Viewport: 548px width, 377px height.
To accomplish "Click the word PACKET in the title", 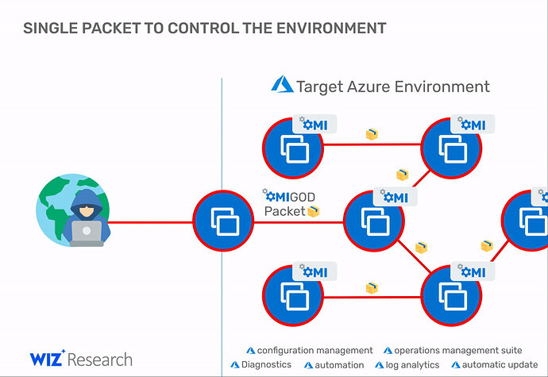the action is (x=111, y=29).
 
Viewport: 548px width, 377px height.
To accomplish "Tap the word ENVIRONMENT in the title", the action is (x=331, y=29).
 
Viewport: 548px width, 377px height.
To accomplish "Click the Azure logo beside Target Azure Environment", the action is (x=282, y=84).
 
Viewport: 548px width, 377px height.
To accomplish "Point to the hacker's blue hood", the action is (x=87, y=202).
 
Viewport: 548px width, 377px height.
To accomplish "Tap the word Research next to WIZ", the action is (x=100, y=360).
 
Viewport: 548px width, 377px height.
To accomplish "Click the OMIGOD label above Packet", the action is (x=288, y=196).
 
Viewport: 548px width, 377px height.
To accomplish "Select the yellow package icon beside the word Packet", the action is (x=313, y=211).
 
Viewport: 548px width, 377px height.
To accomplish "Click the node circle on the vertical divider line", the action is (x=223, y=221).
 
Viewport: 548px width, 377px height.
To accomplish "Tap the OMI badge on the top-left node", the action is (x=315, y=124).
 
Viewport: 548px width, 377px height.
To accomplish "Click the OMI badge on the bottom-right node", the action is (x=473, y=271).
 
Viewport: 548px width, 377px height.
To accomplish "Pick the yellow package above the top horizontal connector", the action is (x=372, y=134).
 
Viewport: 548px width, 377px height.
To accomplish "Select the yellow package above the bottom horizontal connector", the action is (x=372, y=288).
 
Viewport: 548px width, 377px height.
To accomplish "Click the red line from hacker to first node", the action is (x=150, y=222).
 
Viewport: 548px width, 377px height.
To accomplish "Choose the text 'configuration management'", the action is (x=315, y=351).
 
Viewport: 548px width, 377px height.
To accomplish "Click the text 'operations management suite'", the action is (x=457, y=351).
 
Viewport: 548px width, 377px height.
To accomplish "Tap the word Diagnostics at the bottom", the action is (x=266, y=365).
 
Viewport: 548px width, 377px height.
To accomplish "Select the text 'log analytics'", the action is (x=412, y=365).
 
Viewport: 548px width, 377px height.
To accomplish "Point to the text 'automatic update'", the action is (x=500, y=365).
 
